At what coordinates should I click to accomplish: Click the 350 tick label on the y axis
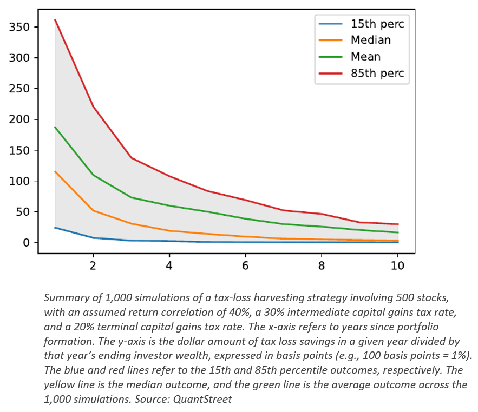19,28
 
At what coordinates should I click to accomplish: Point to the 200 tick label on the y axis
19,119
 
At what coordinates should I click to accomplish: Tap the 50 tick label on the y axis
22,212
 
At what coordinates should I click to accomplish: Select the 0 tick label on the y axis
25,243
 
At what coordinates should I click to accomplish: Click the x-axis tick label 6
245,265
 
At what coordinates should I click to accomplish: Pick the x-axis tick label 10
397,265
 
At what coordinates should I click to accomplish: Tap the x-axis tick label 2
93,265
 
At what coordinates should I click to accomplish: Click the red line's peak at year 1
55,21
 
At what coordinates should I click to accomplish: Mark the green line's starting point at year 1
55,127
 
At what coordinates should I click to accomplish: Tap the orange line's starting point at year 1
55,171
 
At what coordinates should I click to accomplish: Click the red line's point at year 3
132,158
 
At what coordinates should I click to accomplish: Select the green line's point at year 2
93,175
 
